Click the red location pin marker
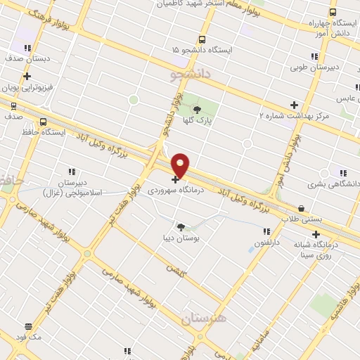click(x=181, y=165)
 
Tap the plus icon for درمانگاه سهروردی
click(x=175, y=179)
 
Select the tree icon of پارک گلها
click(x=197, y=109)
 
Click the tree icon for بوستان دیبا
click(x=181, y=226)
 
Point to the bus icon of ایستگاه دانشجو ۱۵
click(x=202, y=40)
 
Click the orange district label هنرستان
click(x=205, y=318)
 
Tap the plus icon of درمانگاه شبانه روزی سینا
click(x=316, y=235)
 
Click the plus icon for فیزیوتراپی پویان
click(x=27, y=77)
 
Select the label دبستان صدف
click(x=27, y=60)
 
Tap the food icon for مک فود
click(x=28, y=326)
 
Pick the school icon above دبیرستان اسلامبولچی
click(x=70, y=171)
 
